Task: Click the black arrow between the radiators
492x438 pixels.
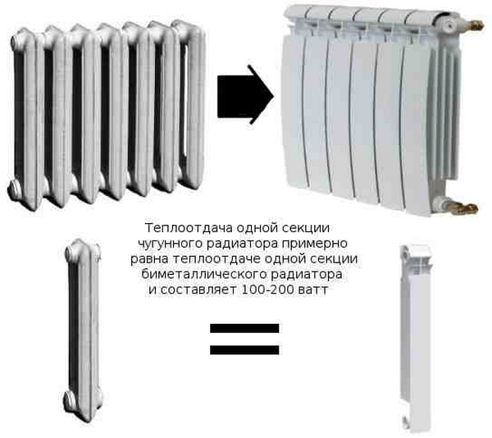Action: tap(245, 94)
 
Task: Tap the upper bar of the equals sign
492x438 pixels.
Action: tap(244, 328)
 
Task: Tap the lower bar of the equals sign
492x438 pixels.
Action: tap(244, 350)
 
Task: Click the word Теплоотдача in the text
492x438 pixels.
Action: tap(189, 228)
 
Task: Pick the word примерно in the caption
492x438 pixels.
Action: tap(314, 244)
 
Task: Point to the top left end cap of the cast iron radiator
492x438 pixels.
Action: tap(17, 41)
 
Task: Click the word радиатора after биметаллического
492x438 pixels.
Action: tap(307, 275)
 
